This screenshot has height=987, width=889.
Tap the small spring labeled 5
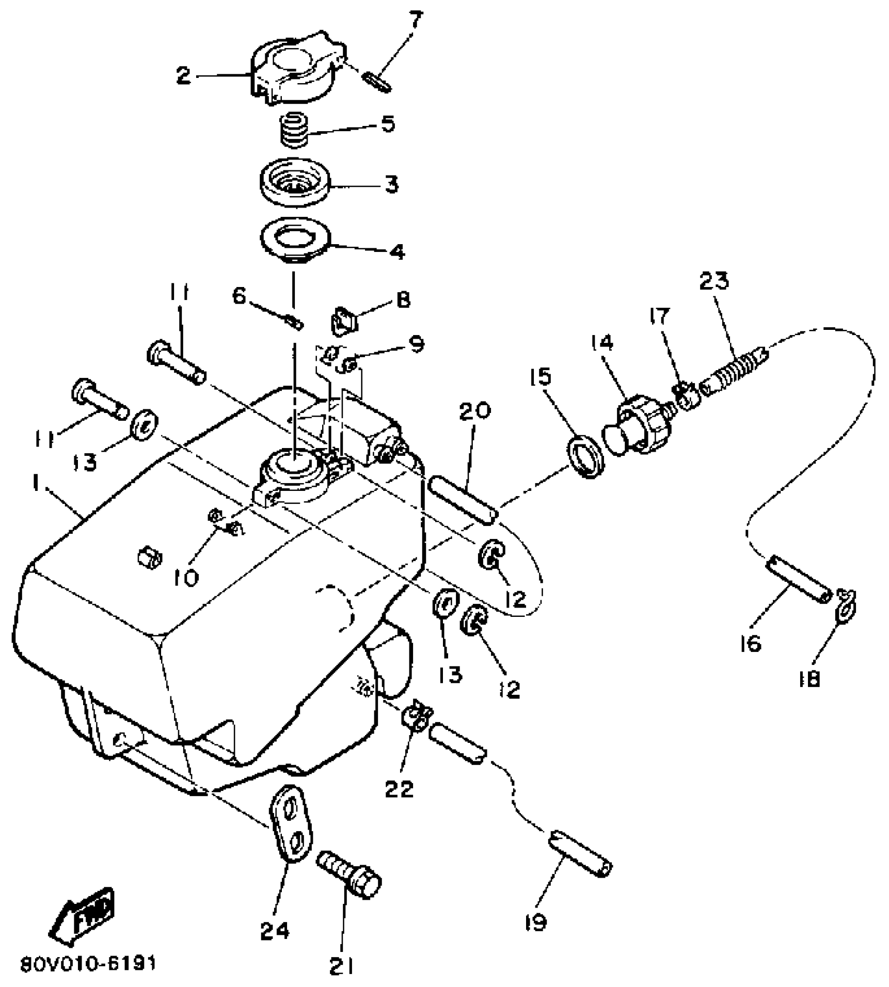293,132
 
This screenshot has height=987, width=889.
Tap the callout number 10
187,578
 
